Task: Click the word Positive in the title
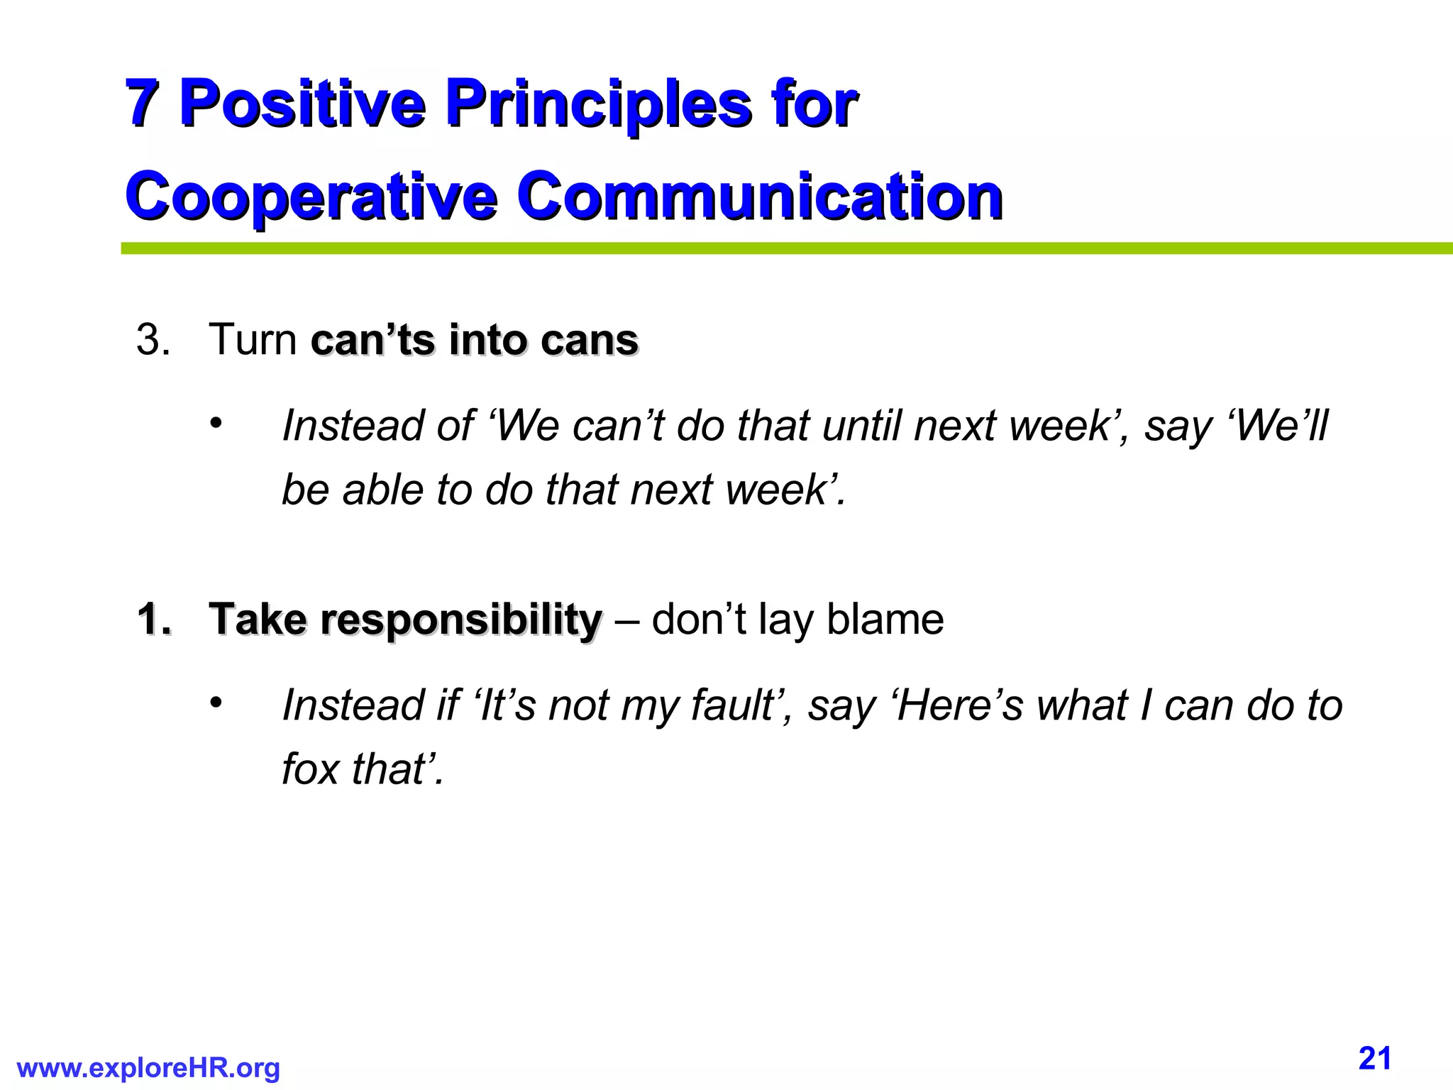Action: [302, 104]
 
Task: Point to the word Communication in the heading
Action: [758, 196]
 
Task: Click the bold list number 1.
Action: [153, 620]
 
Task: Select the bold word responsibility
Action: [460, 621]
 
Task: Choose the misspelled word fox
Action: [310, 769]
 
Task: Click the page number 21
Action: [1374, 1059]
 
